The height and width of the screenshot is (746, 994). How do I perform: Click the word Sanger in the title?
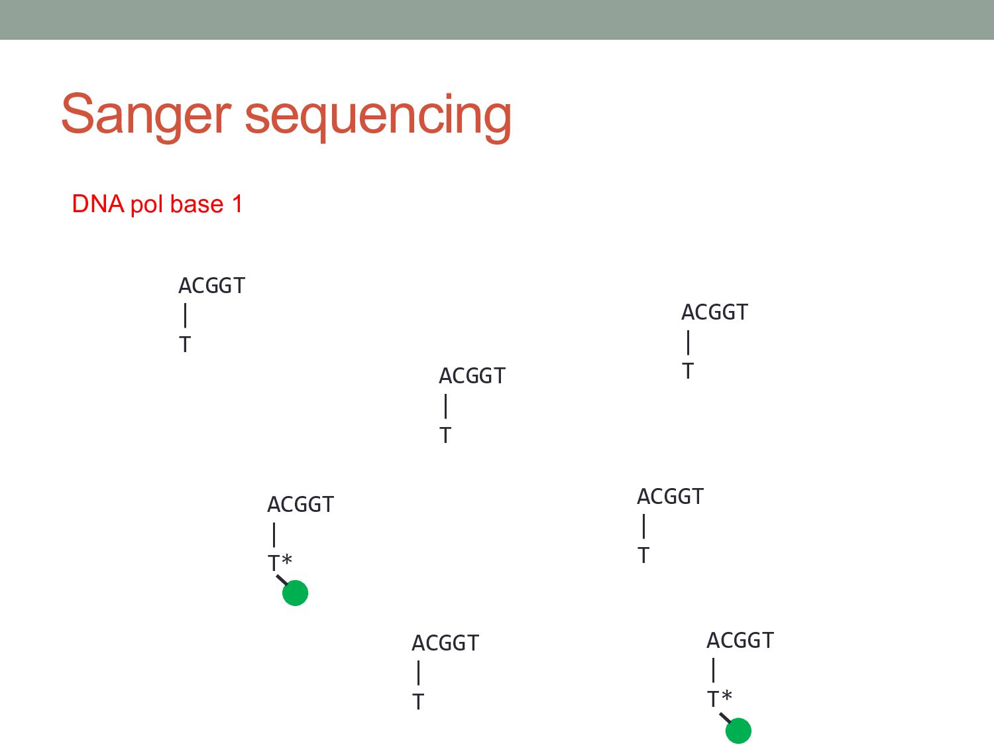pyautogui.click(x=146, y=115)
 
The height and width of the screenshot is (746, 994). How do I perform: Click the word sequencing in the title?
pyautogui.click(x=378, y=117)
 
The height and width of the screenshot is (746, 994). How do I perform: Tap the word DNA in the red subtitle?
pyautogui.click(x=98, y=204)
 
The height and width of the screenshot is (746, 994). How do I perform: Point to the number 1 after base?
pyautogui.click(x=237, y=204)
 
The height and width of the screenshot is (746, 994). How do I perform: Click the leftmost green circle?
pyautogui.click(x=295, y=593)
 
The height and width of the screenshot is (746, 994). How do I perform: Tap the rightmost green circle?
pyautogui.click(x=738, y=731)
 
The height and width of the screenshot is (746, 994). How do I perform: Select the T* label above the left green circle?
pyautogui.click(x=279, y=563)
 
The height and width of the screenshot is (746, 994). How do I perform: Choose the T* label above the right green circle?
pyautogui.click(x=719, y=699)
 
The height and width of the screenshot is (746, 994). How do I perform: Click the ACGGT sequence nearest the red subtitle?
pyautogui.click(x=211, y=286)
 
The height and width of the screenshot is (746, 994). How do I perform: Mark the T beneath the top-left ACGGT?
pyautogui.click(x=185, y=345)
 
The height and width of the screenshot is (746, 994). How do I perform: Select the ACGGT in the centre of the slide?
pyautogui.click(x=472, y=376)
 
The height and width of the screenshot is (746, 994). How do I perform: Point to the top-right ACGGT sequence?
pyautogui.click(x=714, y=312)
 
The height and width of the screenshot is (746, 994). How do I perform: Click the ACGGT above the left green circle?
pyautogui.click(x=300, y=505)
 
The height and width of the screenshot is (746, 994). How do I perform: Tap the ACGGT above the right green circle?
pyautogui.click(x=740, y=641)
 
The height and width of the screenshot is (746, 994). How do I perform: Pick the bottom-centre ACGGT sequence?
pyautogui.click(x=445, y=643)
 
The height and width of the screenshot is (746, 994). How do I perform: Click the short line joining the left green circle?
pyautogui.click(x=282, y=580)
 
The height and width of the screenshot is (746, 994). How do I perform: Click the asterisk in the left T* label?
pyautogui.click(x=286, y=560)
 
